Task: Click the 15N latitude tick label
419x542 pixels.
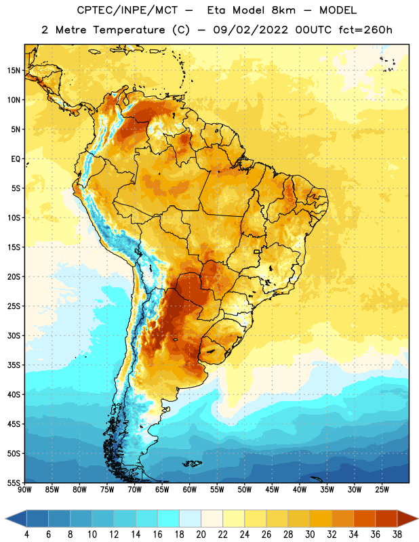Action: tap(14, 70)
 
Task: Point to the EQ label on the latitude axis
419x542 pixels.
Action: tap(16, 159)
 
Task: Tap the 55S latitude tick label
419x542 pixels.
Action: tap(14, 483)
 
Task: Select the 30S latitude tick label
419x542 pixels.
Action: tap(14, 336)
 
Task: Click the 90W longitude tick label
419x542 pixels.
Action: tap(24, 490)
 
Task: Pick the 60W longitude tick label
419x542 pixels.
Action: tap(190, 490)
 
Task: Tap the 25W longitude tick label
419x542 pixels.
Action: tap(382, 490)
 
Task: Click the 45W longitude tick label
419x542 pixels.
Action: tap(272, 490)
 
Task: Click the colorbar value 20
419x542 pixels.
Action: tap(201, 535)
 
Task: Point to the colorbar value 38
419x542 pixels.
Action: tap(397, 535)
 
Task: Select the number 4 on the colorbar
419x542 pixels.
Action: tap(26, 535)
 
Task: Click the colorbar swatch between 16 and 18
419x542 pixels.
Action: tap(169, 518)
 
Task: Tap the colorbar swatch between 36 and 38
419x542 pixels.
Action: tap(386, 518)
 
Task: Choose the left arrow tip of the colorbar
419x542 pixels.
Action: tap(5, 518)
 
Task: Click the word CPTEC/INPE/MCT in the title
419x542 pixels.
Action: tap(127, 10)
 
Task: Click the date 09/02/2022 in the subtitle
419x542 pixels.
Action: tap(250, 30)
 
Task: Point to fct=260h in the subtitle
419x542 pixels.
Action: tap(365, 30)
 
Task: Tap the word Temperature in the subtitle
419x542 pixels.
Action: tap(129, 30)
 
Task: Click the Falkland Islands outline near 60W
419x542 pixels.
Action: tap(192, 463)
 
